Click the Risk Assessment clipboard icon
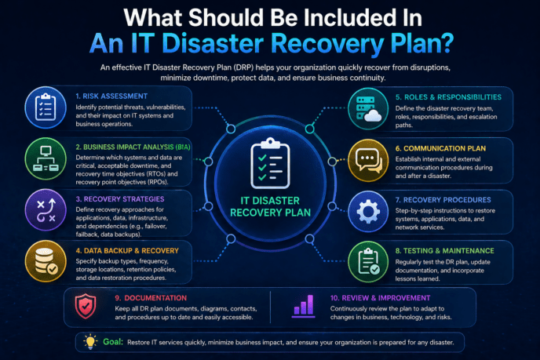click(46, 107)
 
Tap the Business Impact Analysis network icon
click(46, 158)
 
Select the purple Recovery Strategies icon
click(46, 210)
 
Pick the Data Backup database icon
click(46, 261)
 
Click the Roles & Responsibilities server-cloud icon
click(368, 108)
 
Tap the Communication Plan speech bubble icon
click(368, 160)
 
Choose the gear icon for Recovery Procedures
click(368, 211)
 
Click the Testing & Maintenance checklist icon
click(368, 262)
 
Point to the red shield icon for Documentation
click(86, 307)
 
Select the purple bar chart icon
click(304, 306)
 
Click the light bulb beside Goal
click(90, 341)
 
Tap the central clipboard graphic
click(270, 164)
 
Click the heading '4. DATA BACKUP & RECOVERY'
click(127, 250)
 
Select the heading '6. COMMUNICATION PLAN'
click(440, 148)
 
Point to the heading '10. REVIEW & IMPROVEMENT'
click(380, 298)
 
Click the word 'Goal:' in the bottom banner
click(113, 341)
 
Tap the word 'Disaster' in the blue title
click(213, 43)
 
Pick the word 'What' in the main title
click(153, 17)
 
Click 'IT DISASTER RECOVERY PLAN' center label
click(270, 206)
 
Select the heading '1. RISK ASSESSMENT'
click(111, 96)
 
